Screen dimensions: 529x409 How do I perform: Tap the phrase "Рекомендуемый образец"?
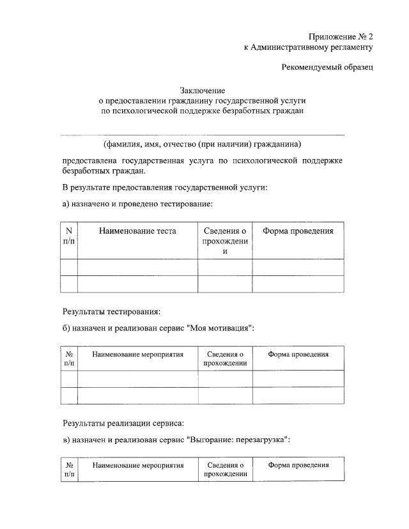327,66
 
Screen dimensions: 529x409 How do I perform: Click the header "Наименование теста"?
137,231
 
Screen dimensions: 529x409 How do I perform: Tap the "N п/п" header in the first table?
69,236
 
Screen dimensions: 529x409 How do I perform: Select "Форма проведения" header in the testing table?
298,231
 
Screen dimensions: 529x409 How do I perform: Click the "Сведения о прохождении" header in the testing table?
224,241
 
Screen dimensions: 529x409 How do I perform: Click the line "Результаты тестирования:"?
111,312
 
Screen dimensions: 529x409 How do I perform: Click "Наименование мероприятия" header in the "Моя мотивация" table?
137,354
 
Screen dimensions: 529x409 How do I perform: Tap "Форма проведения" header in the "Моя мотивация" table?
298,354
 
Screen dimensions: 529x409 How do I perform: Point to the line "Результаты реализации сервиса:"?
123,423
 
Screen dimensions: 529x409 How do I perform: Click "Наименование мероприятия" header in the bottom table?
137,465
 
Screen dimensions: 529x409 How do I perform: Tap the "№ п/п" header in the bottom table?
69,470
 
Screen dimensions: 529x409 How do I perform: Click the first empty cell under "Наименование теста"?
137,267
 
